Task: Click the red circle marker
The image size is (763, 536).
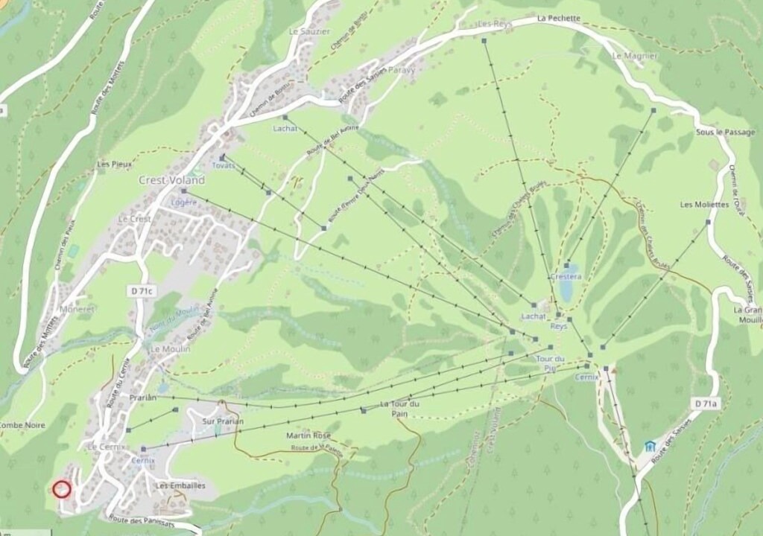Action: (62, 489)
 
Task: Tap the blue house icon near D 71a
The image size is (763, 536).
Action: (650, 447)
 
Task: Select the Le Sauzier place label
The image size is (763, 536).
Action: (309, 31)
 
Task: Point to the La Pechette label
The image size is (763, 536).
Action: (560, 18)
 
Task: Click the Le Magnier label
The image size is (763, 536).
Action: (635, 56)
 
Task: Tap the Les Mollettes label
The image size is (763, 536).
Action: (701, 205)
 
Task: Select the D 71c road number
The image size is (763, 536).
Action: (142, 292)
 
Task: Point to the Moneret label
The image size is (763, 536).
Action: (77, 308)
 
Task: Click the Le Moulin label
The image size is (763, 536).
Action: (170, 348)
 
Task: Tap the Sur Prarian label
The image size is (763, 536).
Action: (223, 421)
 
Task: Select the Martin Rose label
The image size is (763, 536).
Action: (308, 435)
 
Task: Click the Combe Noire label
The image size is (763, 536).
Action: (22, 425)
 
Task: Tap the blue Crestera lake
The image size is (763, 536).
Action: (568, 288)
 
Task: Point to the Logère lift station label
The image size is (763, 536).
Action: (184, 202)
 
